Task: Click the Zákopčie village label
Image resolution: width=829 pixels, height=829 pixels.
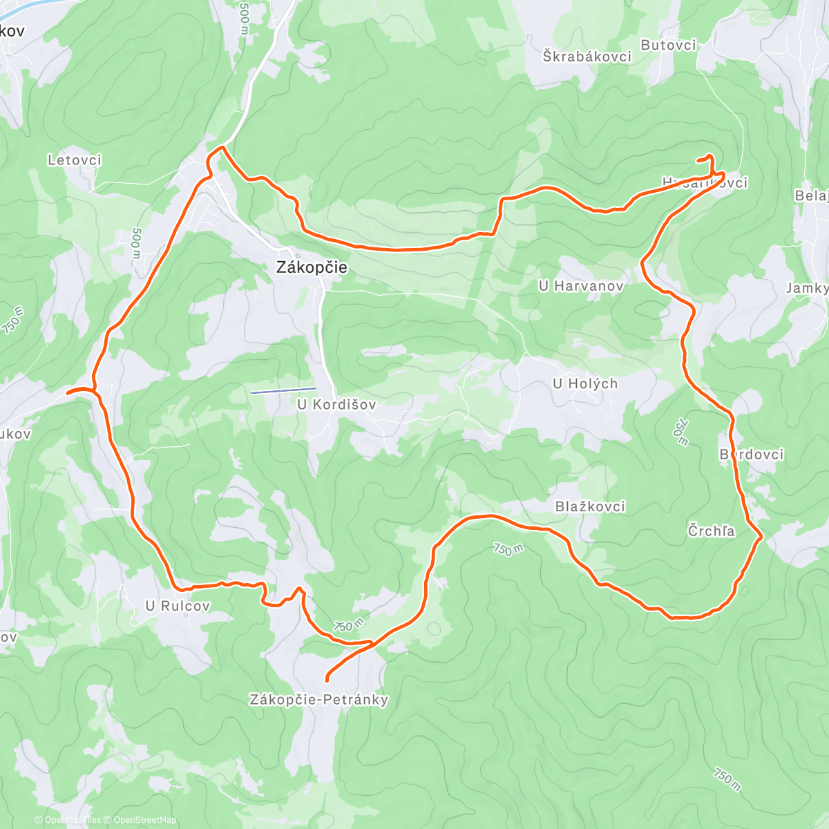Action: pos(312,267)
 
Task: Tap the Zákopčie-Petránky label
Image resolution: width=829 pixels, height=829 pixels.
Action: pos(318,700)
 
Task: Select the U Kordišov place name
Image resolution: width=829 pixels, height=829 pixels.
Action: pos(336,404)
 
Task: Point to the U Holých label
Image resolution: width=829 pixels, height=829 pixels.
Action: pos(585,383)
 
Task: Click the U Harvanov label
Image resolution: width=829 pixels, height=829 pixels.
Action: pos(582,285)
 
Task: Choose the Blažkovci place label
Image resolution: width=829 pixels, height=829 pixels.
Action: pos(590,506)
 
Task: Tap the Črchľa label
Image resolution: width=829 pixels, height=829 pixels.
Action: pos(711,531)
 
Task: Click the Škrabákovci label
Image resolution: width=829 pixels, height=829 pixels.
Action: pos(587,57)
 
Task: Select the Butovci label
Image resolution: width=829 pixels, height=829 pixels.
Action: pos(668,45)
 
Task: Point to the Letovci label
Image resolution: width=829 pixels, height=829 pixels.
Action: pos(75,160)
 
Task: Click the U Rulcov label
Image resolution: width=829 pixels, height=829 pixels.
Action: pos(178,606)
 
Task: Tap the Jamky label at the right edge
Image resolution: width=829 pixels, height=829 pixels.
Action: pos(807,288)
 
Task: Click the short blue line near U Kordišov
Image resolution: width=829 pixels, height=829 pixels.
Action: pos(283,390)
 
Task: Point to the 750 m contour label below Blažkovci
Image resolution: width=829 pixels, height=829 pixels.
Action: pos(508,550)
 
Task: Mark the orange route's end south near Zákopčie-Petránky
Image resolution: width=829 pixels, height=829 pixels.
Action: pos(327,681)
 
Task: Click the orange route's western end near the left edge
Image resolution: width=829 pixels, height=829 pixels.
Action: pos(68,392)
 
